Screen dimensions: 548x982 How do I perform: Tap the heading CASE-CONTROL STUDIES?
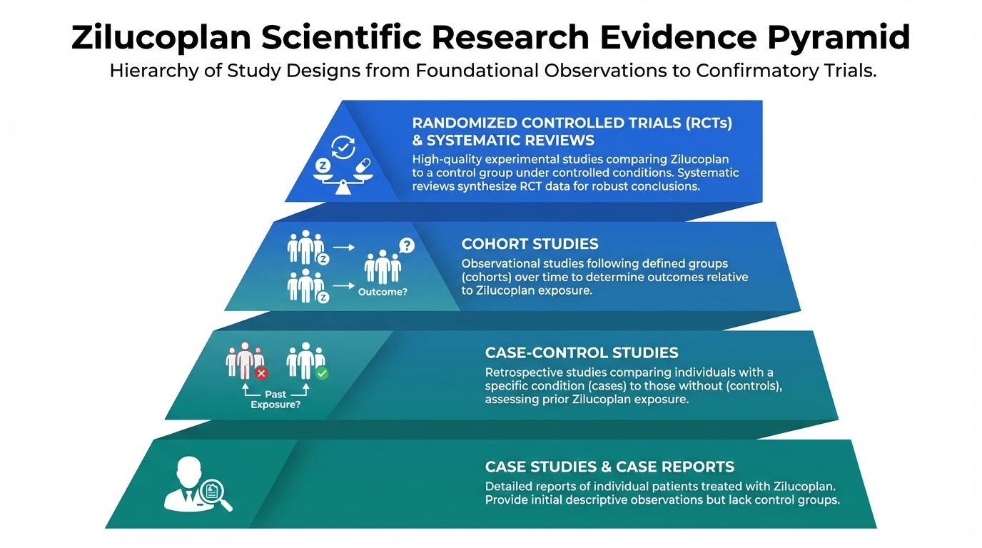[x=582, y=352]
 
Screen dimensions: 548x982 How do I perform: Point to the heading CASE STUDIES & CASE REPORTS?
[x=609, y=467]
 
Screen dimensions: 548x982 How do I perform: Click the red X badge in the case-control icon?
[x=261, y=372]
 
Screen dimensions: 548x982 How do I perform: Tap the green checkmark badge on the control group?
[x=322, y=372]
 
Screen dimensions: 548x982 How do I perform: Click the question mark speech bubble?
[x=406, y=246]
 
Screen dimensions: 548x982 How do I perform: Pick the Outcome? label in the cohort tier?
[x=383, y=292]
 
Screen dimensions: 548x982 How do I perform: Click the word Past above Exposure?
[x=275, y=394]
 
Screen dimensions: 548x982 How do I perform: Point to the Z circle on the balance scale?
[x=323, y=166]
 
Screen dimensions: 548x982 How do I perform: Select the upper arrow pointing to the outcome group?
[x=344, y=248]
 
